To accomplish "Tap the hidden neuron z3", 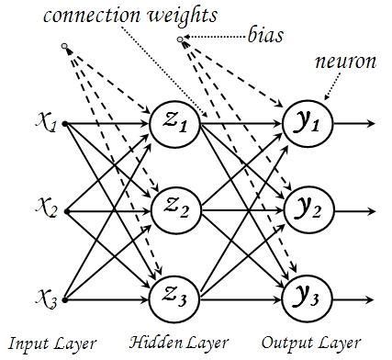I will [x=173, y=298].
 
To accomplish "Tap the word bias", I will [x=267, y=39].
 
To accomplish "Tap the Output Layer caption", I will [x=307, y=343].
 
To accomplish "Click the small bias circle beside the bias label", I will [x=181, y=39].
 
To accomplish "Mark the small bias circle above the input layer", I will [x=63, y=45].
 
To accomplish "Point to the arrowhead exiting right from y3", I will [x=370, y=298].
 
